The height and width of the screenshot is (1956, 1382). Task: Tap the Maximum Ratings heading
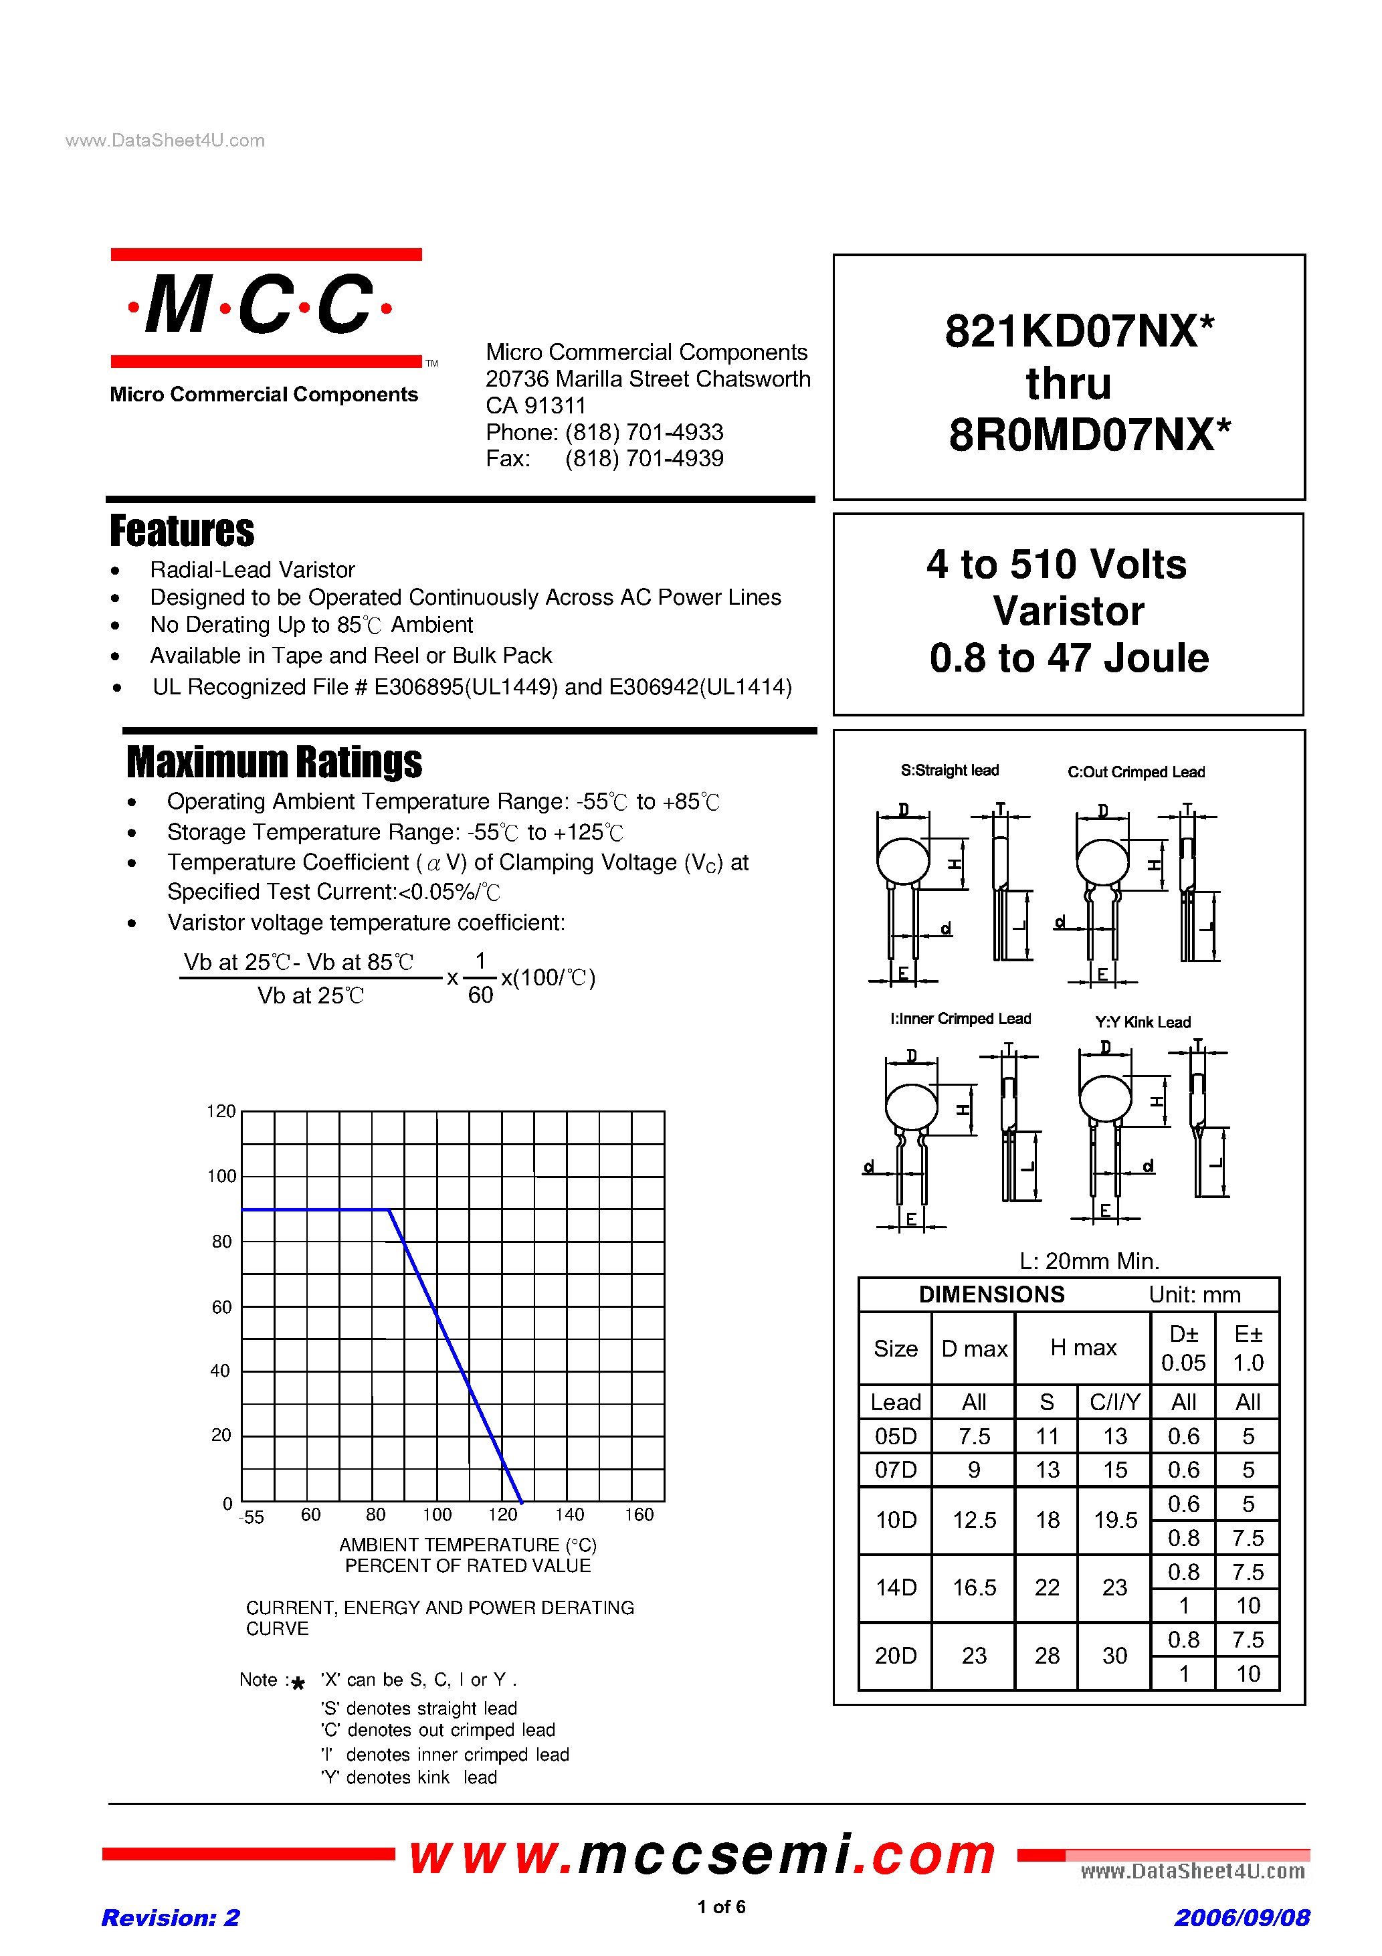point(274,762)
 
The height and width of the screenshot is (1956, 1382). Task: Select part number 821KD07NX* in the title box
point(1079,331)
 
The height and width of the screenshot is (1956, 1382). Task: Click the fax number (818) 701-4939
point(644,459)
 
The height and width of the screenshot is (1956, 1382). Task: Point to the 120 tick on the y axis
point(221,1111)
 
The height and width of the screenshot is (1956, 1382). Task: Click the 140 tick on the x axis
point(569,1514)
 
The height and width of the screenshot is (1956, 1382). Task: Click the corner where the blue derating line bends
point(389,1209)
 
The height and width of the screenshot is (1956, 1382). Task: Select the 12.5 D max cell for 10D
point(974,1521)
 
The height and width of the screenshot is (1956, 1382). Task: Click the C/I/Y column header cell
point(1114,1402)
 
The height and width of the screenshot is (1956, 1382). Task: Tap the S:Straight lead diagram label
point(949,770)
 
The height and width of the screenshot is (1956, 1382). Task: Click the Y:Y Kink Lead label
point(1143,1022)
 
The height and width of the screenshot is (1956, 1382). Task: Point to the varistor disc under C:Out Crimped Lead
point(1102,862)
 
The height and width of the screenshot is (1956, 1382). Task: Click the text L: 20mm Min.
point(1089,1261)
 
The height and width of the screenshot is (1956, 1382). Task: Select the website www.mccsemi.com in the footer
point(703,1856)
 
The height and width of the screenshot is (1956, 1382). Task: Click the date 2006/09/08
point(1242,1918)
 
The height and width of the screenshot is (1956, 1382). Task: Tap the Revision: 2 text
point(171,1918)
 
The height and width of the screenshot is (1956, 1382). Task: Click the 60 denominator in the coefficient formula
point(480,995)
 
